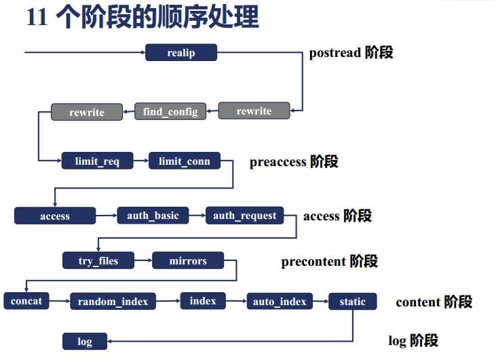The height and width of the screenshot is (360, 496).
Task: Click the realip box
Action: click(x=180, y=53)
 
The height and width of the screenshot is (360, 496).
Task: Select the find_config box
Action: click(x=170, y=111)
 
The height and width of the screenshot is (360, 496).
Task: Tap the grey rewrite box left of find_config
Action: click(x=87, y=112)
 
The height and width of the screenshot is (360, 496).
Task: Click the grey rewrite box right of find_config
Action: click(x=254, y=111)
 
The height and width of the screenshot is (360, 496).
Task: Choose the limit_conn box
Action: click(x=185, y=161)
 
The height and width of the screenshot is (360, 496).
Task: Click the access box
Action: click(x=55, y=216)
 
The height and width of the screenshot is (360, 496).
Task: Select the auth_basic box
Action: click(x=153, y=216)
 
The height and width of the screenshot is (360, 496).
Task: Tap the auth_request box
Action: click(x=244, y=216)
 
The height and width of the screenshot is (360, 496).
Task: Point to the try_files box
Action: click(x=98, y=260)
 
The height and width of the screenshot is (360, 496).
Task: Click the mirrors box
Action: click(x=188, y=260)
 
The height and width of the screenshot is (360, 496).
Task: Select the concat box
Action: click(x=26, y=301)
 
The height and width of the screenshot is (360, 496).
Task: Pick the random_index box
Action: click(x=113, y=301)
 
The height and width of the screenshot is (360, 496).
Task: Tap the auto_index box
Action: click(x=280, y=301)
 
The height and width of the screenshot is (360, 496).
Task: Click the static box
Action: click(x=352, y=302)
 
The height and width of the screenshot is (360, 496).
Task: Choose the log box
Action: click(x=85, y=341)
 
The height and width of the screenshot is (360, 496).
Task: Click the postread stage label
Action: click(x=351, y=53)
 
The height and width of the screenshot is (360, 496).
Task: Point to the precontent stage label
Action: click(x=329, y=261)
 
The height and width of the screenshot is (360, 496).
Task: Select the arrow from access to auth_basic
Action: click(x=106, y=216)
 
